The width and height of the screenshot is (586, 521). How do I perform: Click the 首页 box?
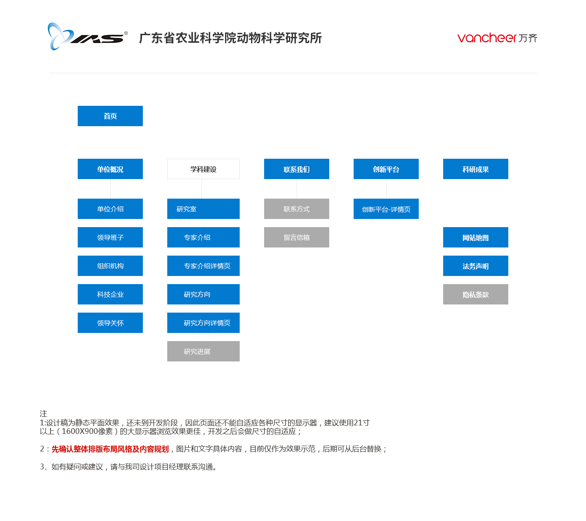[x=110, y=116]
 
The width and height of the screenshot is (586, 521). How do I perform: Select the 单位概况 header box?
[x=110, y=169]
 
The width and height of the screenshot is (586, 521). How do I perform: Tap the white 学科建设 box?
[x=203, y=169]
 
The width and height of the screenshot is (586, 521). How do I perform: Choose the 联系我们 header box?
[x=296, y=169]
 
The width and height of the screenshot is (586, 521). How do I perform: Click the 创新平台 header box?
[x=386, y=169]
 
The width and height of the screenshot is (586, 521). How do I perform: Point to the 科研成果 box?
[x=475, y=169]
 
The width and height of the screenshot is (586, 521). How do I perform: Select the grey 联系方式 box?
[x=296, y=208]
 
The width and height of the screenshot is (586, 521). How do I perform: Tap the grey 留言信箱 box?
[x=296, y=237]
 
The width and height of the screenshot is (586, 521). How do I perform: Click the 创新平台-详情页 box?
[x=386, y=208]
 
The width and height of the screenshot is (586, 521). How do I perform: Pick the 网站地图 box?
[x=475, y=237]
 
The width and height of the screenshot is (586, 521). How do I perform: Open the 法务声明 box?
[x=475, y=265]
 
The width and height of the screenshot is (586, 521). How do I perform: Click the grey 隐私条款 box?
[x=475, y=294]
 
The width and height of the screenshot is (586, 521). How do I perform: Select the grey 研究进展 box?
[x=203, y=351]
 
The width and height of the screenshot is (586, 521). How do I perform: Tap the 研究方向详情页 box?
[x=203, y=322]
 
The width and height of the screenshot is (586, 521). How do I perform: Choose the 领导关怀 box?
[x=110, y=322]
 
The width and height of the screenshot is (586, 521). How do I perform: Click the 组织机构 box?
[x=110, y=265]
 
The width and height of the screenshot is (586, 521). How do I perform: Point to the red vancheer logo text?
[x=486, y=38]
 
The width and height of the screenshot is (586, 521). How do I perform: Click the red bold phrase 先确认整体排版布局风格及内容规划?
[x=110, y=449]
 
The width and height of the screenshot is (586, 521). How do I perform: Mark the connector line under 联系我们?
[x=297, y=188]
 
